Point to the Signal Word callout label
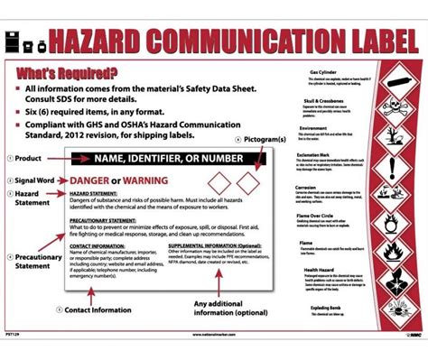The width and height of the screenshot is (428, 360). click(x=35, y=180)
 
